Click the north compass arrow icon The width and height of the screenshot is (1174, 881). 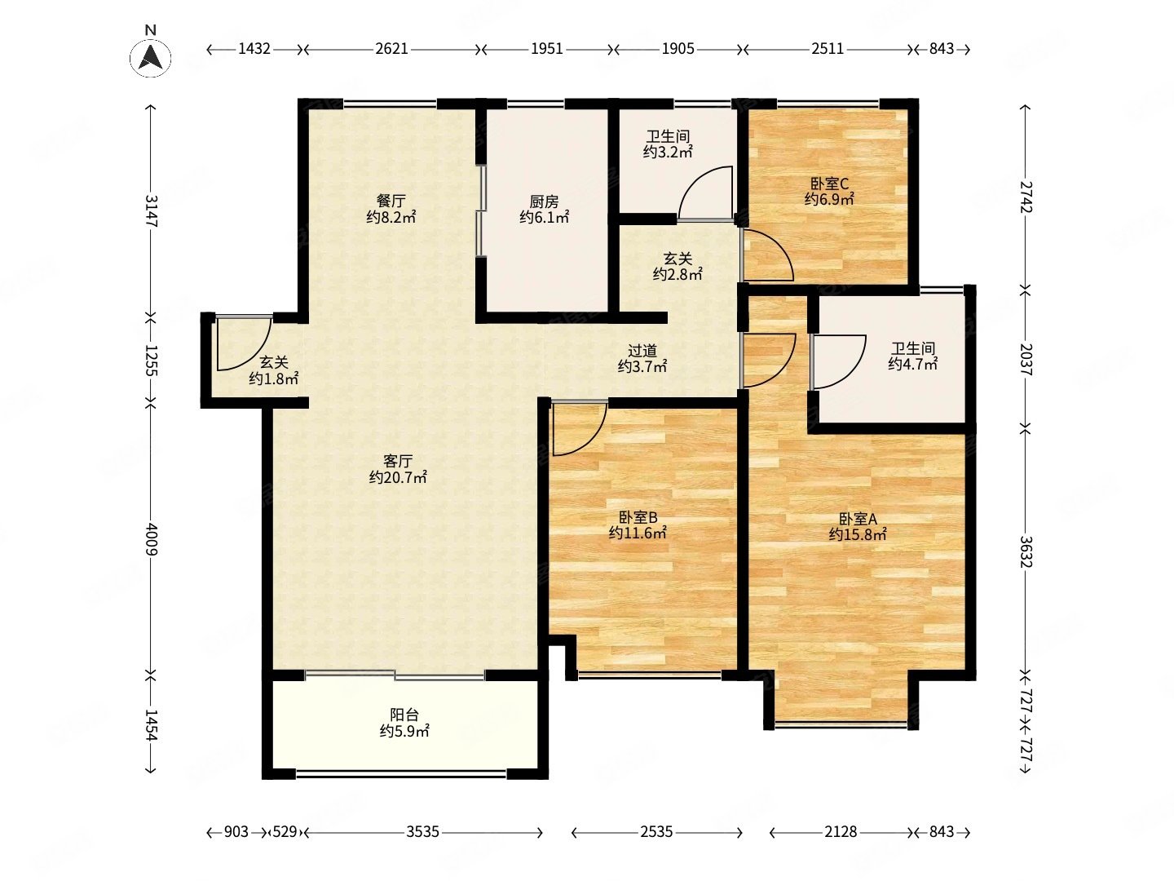pyautogui.click(x=150, y=57)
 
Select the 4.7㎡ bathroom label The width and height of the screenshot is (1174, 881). pyautogui.click(x=913, y=356)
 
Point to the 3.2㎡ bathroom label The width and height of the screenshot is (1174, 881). pyautogui.click(x=668, y=144)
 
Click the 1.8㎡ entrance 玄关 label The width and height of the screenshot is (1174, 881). pyautogui.click(x=274, y=370)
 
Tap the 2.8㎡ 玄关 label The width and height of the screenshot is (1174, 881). pyautogui.click(x=677, y=267)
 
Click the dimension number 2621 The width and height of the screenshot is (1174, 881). pyautogui.click(x=391, y=49)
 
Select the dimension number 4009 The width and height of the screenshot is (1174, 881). pyautogui.click(x=152, y=539)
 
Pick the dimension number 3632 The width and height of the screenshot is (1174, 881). pyautogui.click(x=1026, y=551)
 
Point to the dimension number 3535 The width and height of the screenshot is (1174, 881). pyautogui.click(x=422, y=832)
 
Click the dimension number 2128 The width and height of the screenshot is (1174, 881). pyautogui.click(x=841, y=832)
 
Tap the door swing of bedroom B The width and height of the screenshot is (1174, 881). pyautogui.click(x=579, y=428)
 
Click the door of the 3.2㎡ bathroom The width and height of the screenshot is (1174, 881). pyautogui.click(x=705, y=193)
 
